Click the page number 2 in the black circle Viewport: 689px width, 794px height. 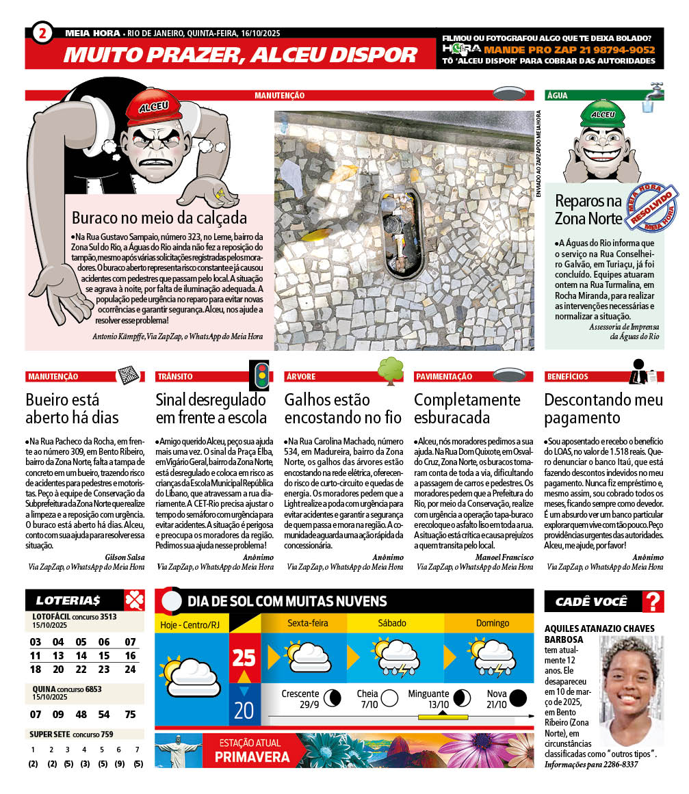click(42, 33)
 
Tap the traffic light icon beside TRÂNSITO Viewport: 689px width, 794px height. click(260, 373)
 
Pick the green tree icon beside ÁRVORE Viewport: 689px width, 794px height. click(391, 370)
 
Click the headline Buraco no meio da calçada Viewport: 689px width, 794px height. click(159, 218)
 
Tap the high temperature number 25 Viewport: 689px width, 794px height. click(244, 658)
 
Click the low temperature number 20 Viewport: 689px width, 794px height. click(244, 710)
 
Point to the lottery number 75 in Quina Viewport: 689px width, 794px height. click(131, 714)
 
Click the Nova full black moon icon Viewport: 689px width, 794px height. click(518, 698)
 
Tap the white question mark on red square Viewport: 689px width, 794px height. click(654, 602)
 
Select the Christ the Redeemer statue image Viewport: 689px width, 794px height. click(178, 750)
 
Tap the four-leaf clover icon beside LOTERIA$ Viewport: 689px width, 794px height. click(134, 600)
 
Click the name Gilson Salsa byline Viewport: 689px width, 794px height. click(125, 557)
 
